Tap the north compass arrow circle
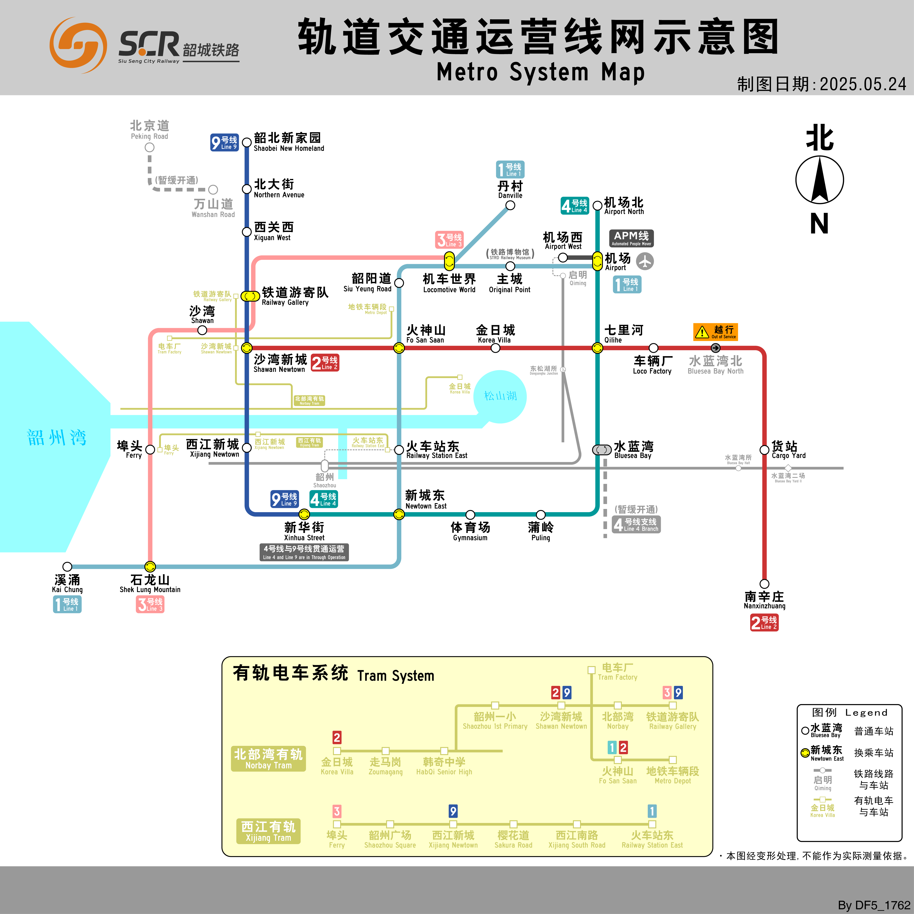pyautogui.click(x=819, y=180)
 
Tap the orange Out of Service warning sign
pyautogui.click(x=715, y=332)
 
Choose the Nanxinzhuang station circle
pyautogui.click(x=764, y=584)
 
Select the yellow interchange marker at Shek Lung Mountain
pyautogui.click(x=150, y=566)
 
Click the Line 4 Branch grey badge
pyautogui.click(x=636, y=524)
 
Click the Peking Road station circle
pyautogui.click(x=150, y=147)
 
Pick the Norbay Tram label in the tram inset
pyautogui.click(x=268, y=758)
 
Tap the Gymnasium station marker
pyautogui.click(x=470, y=515)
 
